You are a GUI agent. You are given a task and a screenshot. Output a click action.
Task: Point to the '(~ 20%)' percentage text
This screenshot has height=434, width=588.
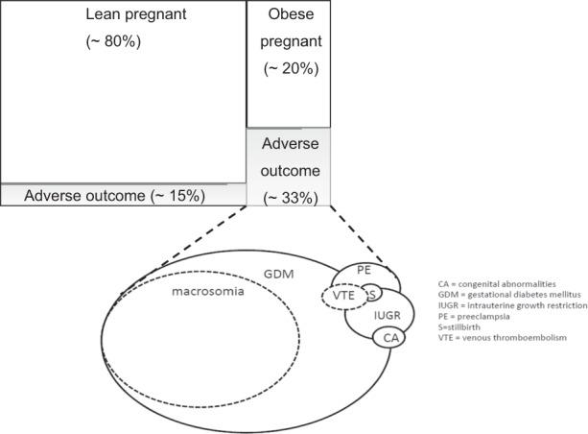coord(289,68)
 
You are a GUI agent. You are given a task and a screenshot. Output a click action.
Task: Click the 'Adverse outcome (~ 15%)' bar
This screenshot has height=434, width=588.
coord(115,195)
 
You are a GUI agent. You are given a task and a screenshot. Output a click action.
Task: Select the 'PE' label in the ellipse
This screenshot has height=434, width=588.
coord(364,271)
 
